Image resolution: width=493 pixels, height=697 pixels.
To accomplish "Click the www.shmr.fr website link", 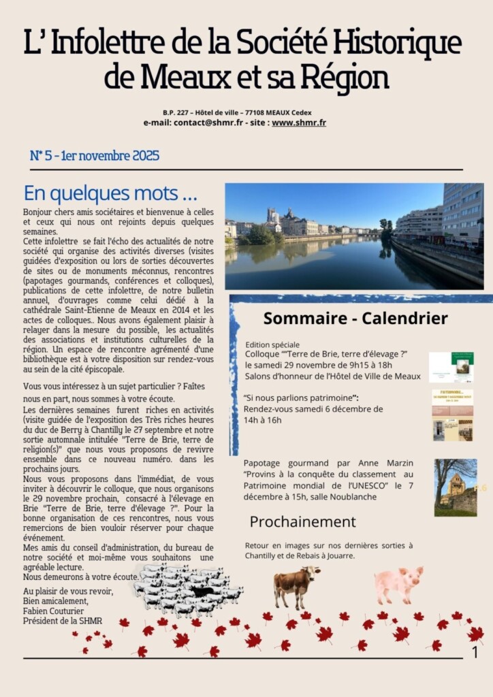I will click(x=298, y=123).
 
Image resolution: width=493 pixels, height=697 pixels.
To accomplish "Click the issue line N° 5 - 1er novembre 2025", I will click(x=95, y=156).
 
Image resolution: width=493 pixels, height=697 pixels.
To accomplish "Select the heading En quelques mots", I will click(x=110, y=193).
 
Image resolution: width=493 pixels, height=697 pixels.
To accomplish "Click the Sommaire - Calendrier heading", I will click(x=355, y=318).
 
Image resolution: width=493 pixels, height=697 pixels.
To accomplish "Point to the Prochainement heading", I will click(x=302, y=522).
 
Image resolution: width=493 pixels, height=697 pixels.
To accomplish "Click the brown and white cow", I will click(x=296, y=585).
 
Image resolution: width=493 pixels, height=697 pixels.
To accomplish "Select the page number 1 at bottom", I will click(x=475, y=653).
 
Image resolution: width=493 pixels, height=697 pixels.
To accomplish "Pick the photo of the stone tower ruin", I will click(x=455, y=487).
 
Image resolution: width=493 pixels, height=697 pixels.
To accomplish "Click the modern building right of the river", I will click(x=462, y=214).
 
